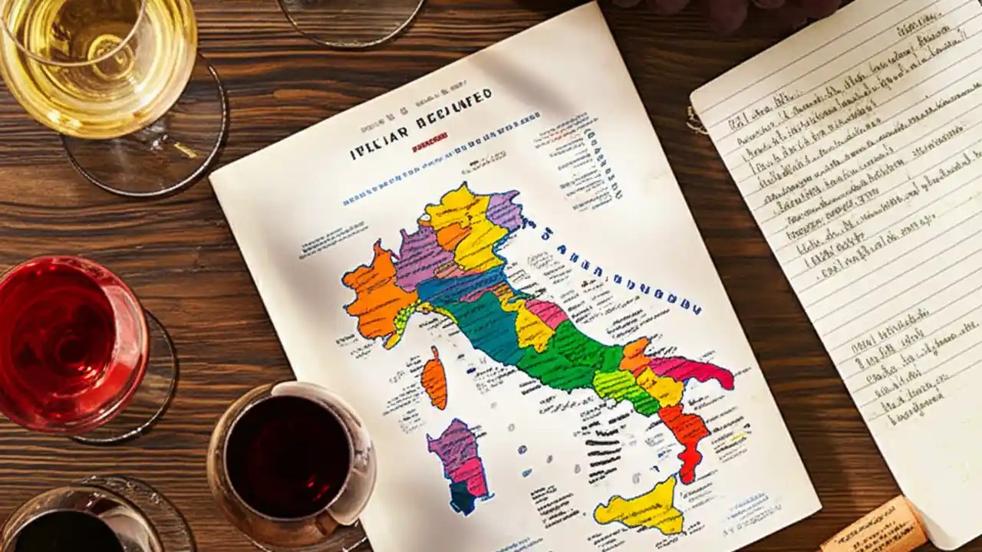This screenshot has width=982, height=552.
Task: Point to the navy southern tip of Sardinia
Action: (x=463, y=499)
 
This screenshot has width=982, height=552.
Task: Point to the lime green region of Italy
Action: (x=618, y=383)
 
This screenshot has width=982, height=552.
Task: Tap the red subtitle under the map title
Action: (x=429, y=146)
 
